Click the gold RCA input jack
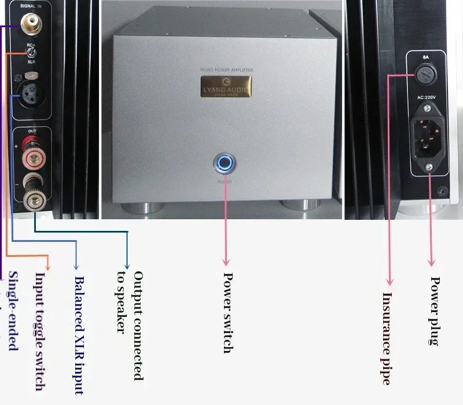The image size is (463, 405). pyautogui.click(x=29, y=24)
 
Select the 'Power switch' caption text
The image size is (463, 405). pyautogui.click(x=227, y=312)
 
